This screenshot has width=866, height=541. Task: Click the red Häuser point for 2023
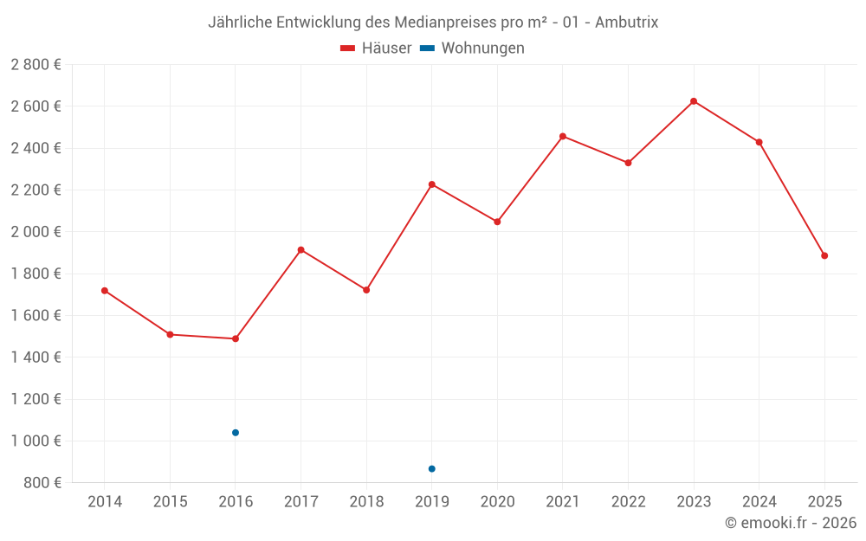click(694, 101)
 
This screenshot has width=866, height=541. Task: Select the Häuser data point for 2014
click(105, 291)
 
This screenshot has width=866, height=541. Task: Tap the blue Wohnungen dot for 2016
click(236, 433)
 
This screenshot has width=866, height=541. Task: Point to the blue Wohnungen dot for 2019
click(432, 469)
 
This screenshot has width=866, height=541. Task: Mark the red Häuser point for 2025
click(824, 256)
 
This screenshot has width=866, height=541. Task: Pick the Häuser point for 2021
click(563, 137)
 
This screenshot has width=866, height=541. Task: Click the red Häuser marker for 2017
click(301, 250)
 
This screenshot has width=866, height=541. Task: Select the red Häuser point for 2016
click(236, 338)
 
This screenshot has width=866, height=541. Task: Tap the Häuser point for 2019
click(432, 184)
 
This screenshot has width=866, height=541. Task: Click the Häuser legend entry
click(377, 48)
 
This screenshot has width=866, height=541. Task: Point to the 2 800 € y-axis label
click(36, 65)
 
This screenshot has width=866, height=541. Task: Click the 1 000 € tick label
click(36, 441)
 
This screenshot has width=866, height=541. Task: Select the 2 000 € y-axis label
click(36, 232)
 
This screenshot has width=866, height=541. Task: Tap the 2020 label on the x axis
click(497, 502)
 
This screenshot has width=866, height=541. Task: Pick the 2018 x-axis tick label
click(366, 502)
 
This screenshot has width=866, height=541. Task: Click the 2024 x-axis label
click(759, 502)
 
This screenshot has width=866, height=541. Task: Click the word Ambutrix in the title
click(626, 23)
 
